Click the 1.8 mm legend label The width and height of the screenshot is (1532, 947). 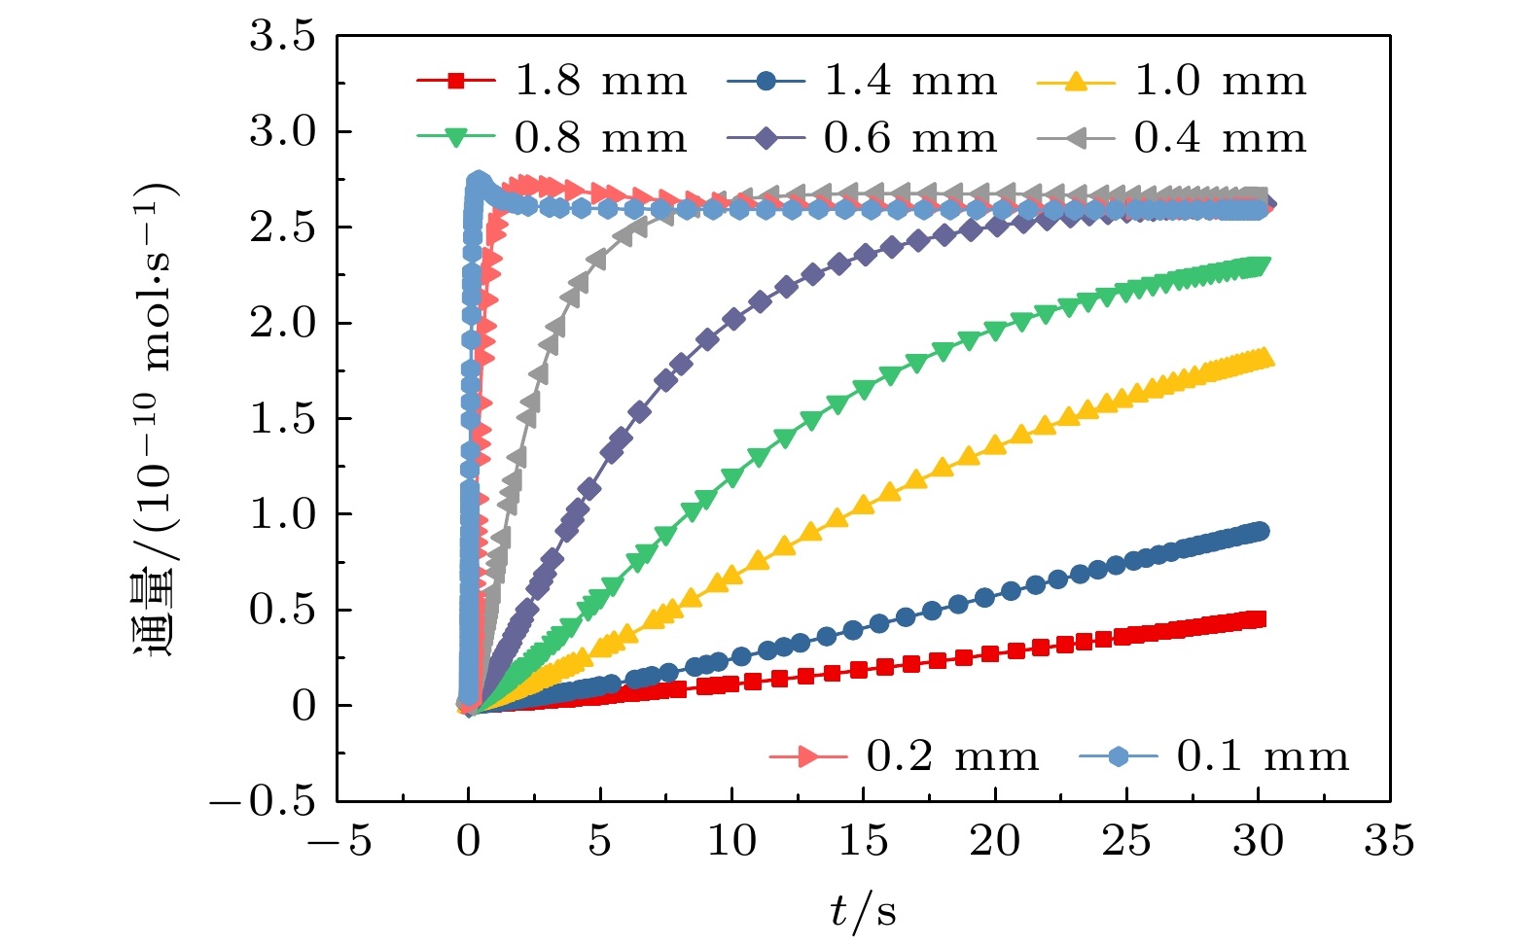coord(600,81)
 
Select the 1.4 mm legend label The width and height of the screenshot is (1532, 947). coord(910,81)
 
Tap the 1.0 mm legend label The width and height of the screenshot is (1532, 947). coord(1220,81)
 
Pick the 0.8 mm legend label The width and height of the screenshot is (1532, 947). coord(600,138)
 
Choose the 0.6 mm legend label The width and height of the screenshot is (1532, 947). coord(910,138)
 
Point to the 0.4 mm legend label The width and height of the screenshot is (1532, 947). coord(1220,138)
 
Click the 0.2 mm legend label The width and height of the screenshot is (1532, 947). coord(952,756)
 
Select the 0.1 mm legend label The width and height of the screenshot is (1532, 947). coord(1263,756)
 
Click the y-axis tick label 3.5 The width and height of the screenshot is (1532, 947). coord(283,37)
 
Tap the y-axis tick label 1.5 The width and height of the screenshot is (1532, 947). coord(283,419)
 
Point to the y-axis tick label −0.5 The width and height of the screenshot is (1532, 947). coord(263,801)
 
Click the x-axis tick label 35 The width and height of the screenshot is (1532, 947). coord(1389,841)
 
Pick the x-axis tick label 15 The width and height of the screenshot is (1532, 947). coord(863,841)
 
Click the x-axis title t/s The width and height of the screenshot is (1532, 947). coord(863,912)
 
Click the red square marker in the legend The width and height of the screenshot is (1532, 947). coord(456,82)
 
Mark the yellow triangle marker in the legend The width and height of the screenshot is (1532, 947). coord(1076,82)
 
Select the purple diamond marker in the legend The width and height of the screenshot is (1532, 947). coord(766,139)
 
